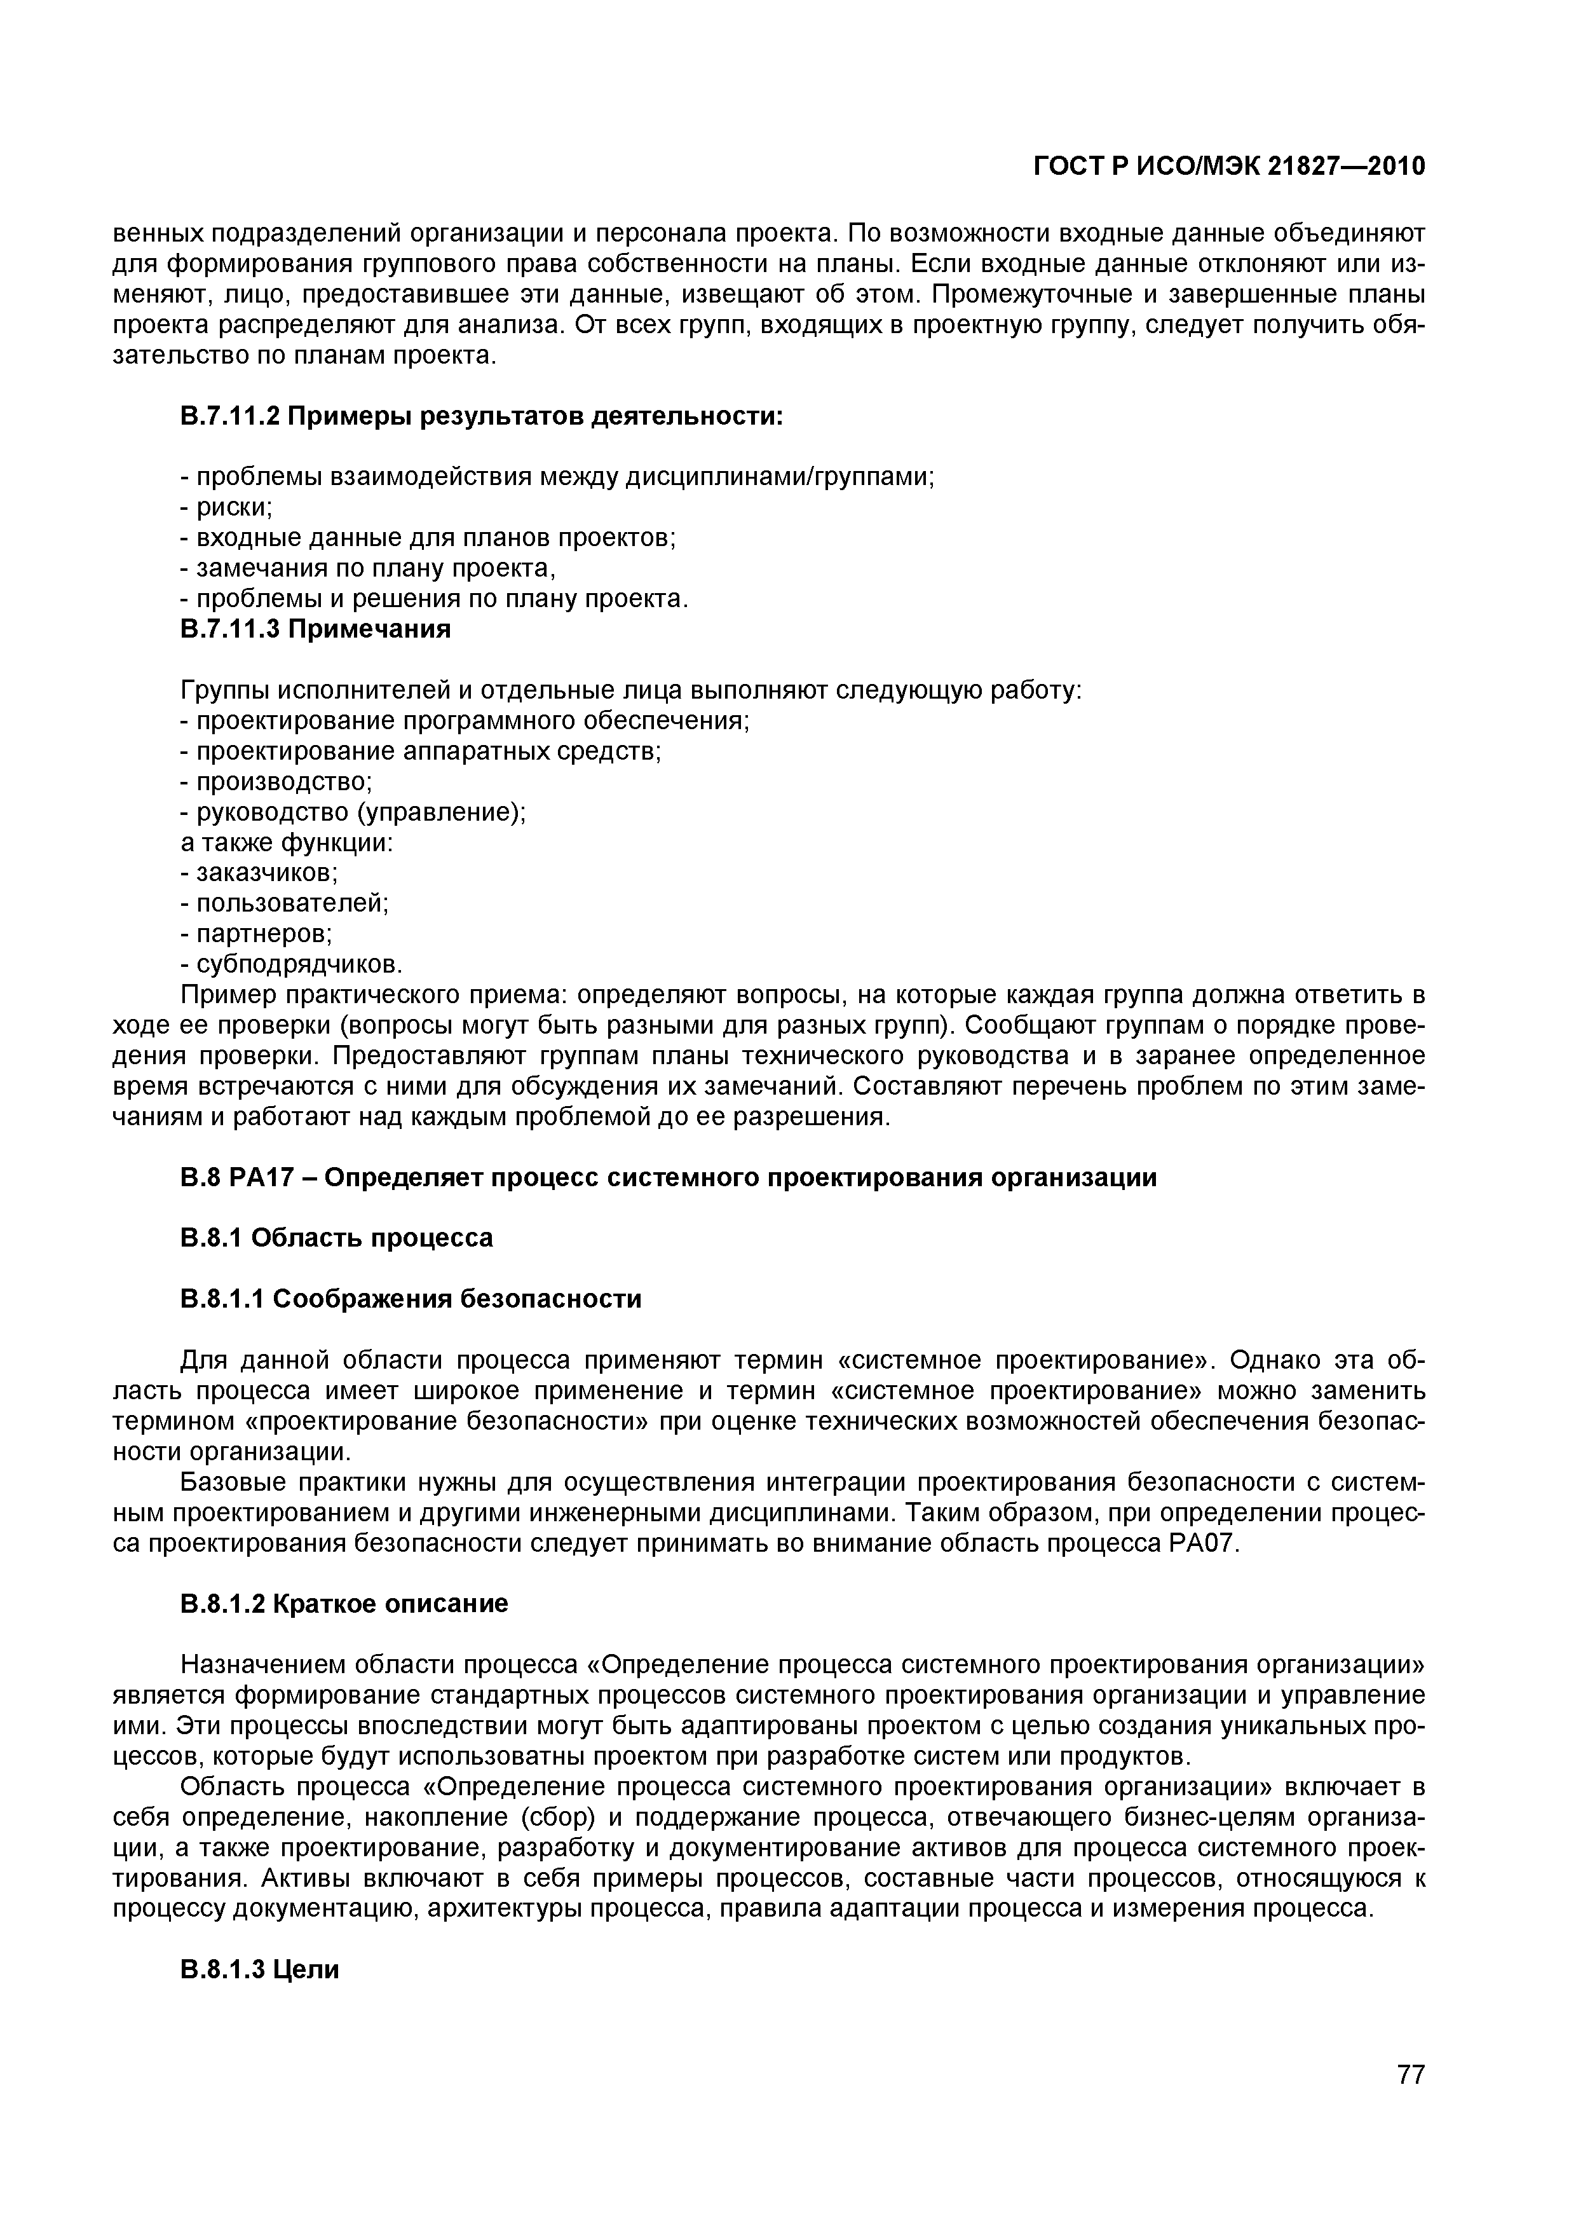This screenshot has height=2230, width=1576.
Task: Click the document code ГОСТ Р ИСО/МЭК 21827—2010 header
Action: tap(1228, 167)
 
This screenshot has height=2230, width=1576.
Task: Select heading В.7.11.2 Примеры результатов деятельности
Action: tap(482, 416)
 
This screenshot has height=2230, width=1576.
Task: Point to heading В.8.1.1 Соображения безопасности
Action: tap(411, 1299)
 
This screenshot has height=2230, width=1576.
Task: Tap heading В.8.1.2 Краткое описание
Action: tap(344, 1604)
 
